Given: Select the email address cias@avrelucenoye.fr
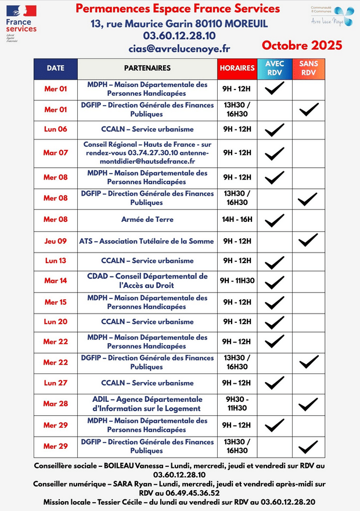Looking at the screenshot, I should coord(179,49).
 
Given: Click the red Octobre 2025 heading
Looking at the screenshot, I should coord(301,45).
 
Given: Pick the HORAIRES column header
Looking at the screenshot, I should coord(237,68).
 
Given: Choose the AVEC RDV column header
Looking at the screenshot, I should coord(275,68).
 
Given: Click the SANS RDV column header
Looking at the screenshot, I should coord(308,68).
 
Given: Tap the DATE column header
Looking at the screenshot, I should coord(56,68).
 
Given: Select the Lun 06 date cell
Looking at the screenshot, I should coord(56,129).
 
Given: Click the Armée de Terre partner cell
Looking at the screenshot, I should coord(147,219).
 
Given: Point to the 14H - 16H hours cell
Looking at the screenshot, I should coord(237,219).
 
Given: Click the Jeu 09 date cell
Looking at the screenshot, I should coord(56,240).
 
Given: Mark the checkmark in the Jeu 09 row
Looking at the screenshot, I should coord(308,239).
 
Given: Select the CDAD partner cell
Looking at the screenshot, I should coord(147,280).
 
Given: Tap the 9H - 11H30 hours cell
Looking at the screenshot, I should coord(237,280).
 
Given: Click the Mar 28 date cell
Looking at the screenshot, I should coord(56,404).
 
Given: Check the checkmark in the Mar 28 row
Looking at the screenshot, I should coord(308,404).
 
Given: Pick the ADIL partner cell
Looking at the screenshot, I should coord(147,404).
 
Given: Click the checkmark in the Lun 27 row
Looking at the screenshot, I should coord(275,383).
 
